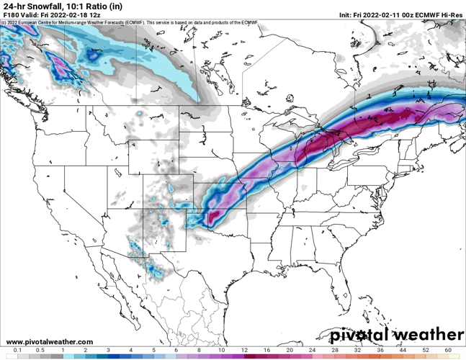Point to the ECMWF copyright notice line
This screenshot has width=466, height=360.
pyautogui.click(x=130, y=22)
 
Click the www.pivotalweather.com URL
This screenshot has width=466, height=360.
pyautogui.click(x=49, y=341)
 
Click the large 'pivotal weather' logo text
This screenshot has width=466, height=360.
pyautogui.click(x=397, y=336)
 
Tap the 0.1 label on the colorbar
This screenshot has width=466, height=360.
pyautogui.click(x=17, y=349)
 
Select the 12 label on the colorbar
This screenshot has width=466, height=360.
pyautogui.click(x=244, y=349)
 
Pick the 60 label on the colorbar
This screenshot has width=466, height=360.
pyautogui.click(x=448, y=349)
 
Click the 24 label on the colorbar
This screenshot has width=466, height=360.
pyautogui.click(x=313, y=349)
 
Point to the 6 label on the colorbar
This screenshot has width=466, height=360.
pyautogui.click(x=176, y=349)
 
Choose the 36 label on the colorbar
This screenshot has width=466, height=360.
pyautogui.click(x=380, y=349)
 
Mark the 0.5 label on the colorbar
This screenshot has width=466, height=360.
pyautogui.click(x=40, y=349)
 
